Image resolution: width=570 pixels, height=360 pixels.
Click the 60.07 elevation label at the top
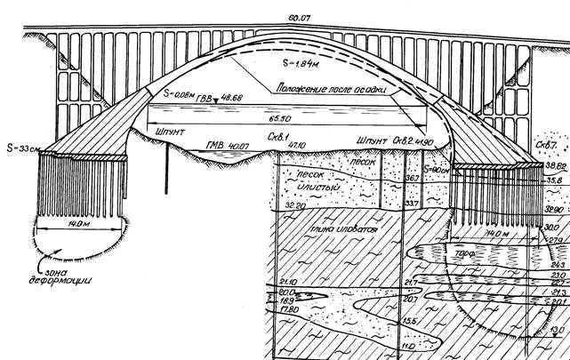pyautogui.click(x=285, y=12)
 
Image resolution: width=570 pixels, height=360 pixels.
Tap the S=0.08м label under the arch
pyautogui.click(x=180, y=92)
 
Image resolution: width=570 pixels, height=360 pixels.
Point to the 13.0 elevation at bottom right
pyautogui.click(x=558, y=332)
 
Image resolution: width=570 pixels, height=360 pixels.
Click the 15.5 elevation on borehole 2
pyautogui.click(x=408, y=321)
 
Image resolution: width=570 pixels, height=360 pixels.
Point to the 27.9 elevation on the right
pyautogui.click(x=556, y=240)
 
